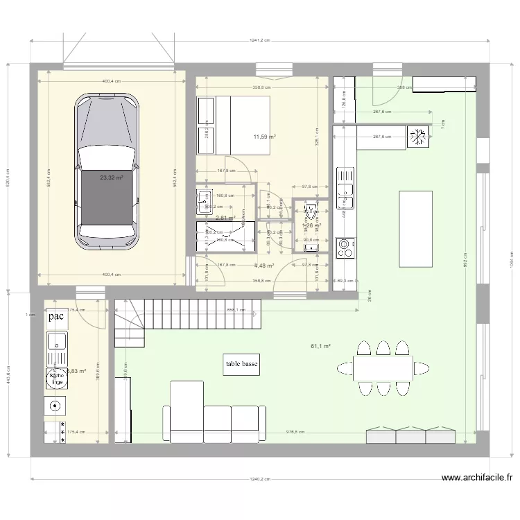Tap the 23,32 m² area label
point(111,177)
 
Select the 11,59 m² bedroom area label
point(264,137)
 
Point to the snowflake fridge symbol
point(419,137)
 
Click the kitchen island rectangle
point(415,228)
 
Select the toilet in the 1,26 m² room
point(310,211)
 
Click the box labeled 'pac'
point(56,317)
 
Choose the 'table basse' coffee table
point(241,365)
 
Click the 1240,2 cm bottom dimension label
point(260,479)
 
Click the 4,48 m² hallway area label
point(263,266)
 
